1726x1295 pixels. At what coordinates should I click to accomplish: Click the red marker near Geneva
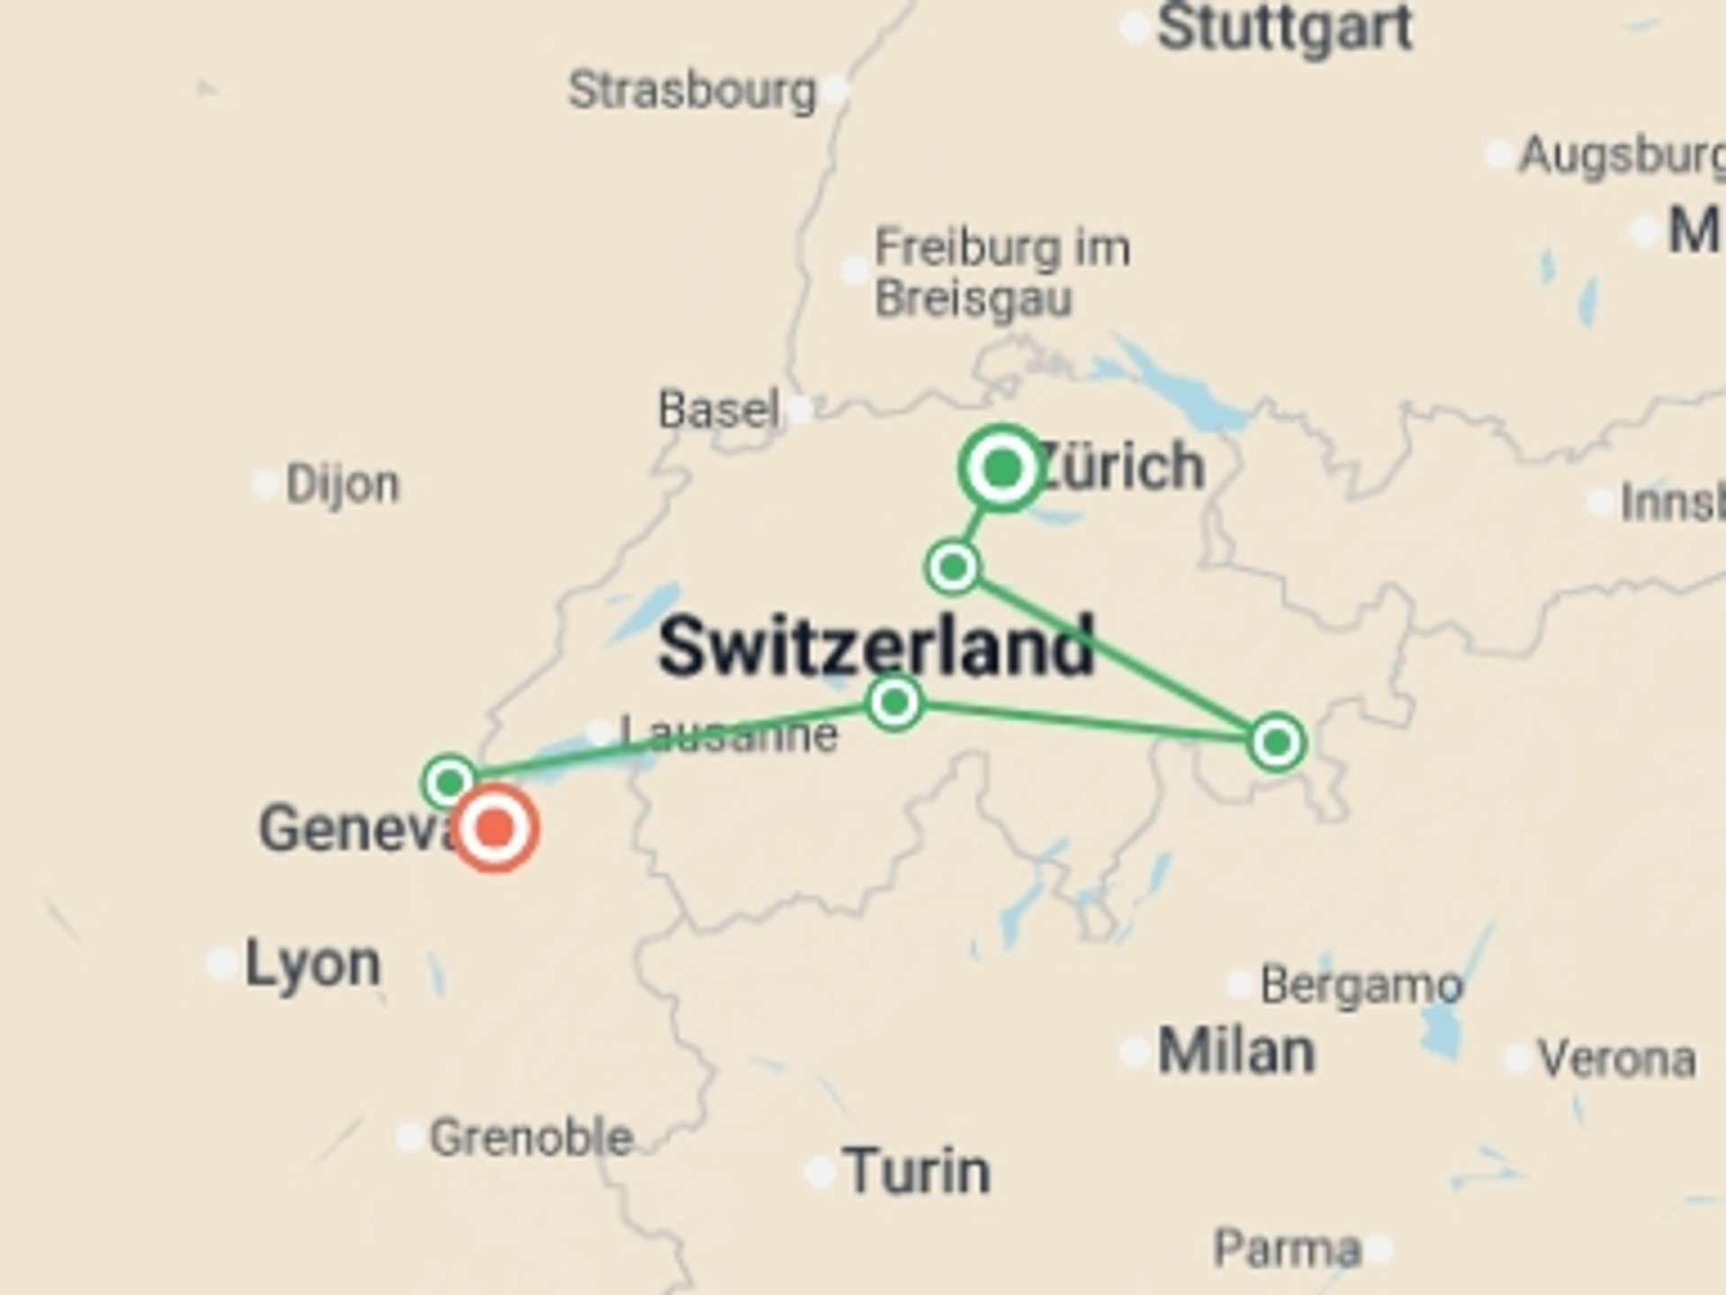494,828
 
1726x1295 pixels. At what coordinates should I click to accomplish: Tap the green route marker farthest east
1277,743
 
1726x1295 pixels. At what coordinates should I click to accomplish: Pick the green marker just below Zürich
953,567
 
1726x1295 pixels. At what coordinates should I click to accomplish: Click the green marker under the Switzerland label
894,701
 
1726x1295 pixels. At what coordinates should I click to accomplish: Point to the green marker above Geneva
449,782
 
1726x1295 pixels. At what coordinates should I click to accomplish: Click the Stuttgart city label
1285,29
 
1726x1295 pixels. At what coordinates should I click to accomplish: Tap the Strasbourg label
692,91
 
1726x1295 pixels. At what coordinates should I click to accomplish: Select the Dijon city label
343,485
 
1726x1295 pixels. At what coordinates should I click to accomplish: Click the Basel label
718,410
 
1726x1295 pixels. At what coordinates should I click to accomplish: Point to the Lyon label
313,964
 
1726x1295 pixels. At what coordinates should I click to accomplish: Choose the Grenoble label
531,1139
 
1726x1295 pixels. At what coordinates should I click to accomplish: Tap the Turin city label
917,1172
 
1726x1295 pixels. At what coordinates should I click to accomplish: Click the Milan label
1236,1051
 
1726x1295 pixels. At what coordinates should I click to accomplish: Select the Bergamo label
1361,986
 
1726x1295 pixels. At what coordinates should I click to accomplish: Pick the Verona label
1616,1059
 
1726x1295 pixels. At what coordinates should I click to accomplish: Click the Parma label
1287,1248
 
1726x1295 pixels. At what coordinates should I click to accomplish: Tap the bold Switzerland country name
876,646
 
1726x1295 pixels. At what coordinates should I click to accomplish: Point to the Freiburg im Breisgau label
1001,272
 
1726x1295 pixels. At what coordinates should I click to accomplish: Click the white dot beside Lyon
221,963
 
